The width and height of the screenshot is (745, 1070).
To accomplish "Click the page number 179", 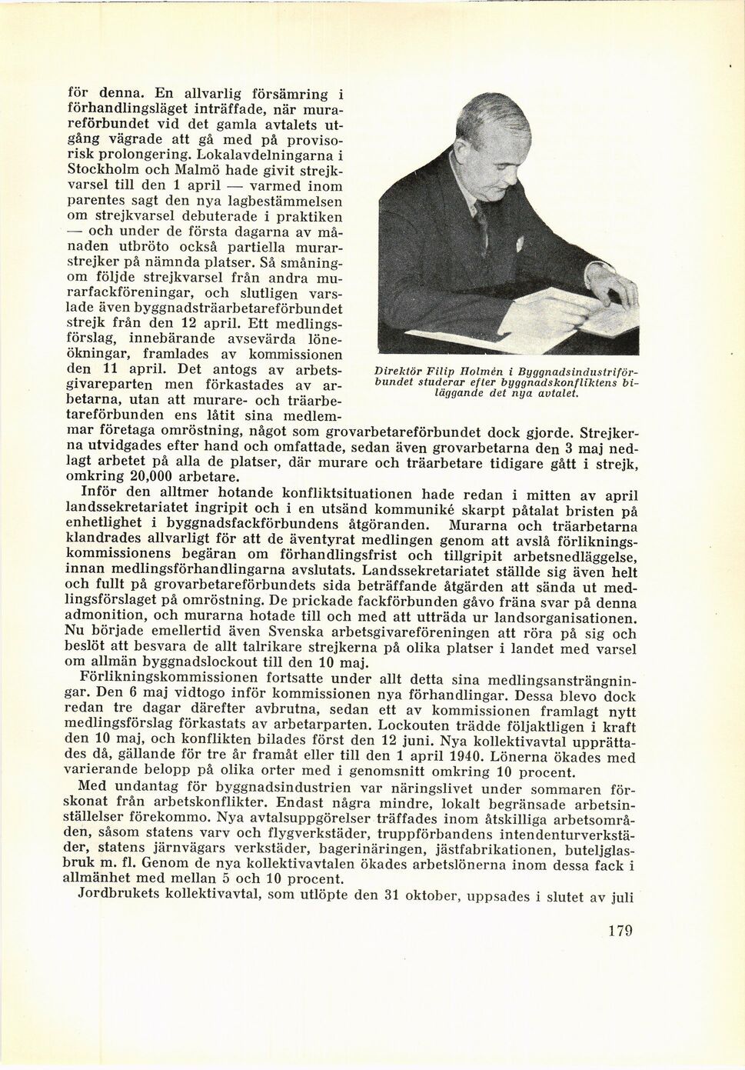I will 620,931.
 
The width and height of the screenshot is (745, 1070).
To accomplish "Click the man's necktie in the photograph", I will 481,223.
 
